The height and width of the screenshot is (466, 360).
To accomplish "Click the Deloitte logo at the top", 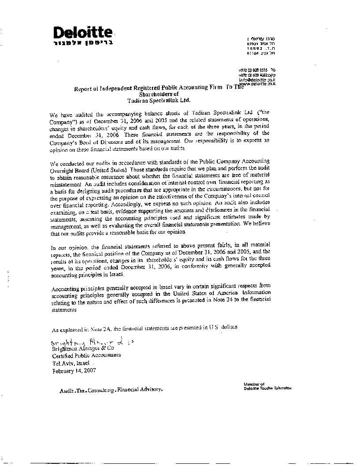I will [83, 32].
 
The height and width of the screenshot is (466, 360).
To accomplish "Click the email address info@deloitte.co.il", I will [257, 80].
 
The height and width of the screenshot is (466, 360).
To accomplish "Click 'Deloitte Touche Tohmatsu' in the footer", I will [267, 388].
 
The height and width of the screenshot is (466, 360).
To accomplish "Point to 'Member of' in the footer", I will [254, 384].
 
